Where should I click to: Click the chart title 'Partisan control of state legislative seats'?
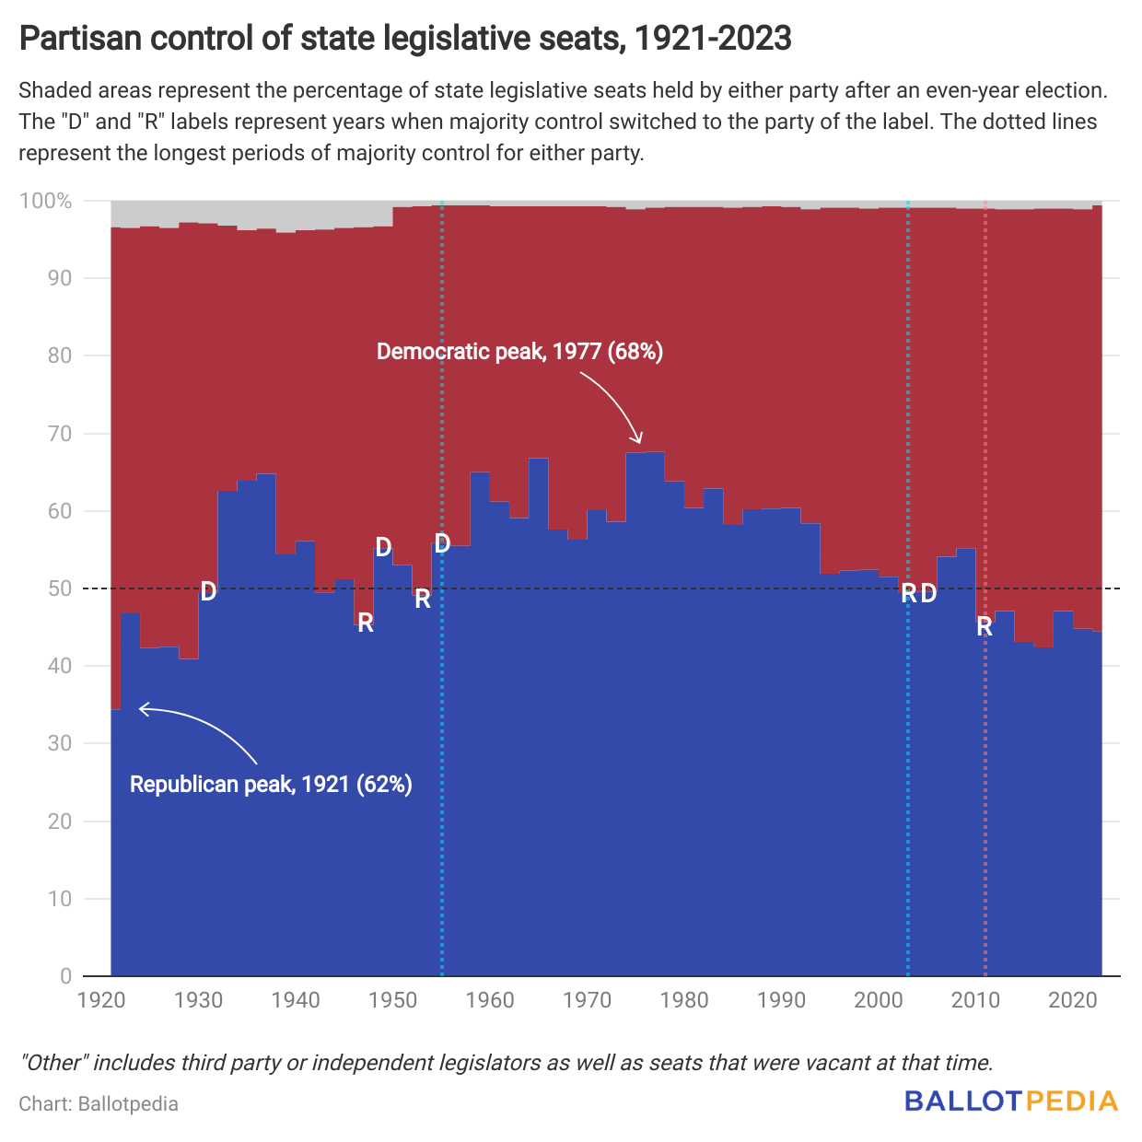click(x=405, y=39)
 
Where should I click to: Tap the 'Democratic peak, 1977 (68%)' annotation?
click(x=519, y=352)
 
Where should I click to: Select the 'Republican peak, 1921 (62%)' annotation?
click(x=271, y=785)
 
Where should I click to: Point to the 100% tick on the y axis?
click(x=46, y=201)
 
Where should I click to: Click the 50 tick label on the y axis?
click(x=59, y=588)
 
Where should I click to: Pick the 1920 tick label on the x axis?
click(x=101, y=999)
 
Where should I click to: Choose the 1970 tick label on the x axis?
click(x=588, y=999)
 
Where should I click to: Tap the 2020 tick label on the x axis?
click(x=1073, y=999)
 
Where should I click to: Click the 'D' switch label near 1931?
click(x=208, y=591)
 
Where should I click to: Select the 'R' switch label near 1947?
click(x=366, y=623)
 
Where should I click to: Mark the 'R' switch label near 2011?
click(x=985, y=627)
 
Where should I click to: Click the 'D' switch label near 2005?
click(x=928, y=594)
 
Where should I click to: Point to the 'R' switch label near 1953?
click(x=423, y=600)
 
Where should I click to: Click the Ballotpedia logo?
click(x=1011, y=1101)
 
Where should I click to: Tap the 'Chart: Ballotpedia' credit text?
click(x=99, y=1103)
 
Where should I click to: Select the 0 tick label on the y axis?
click(x=65, y=976)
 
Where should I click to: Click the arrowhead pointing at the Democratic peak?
click(x=637, y=439)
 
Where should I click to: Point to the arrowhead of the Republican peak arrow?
click(x=142, y=708)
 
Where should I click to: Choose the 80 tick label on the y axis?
click(x=59, y=355)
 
